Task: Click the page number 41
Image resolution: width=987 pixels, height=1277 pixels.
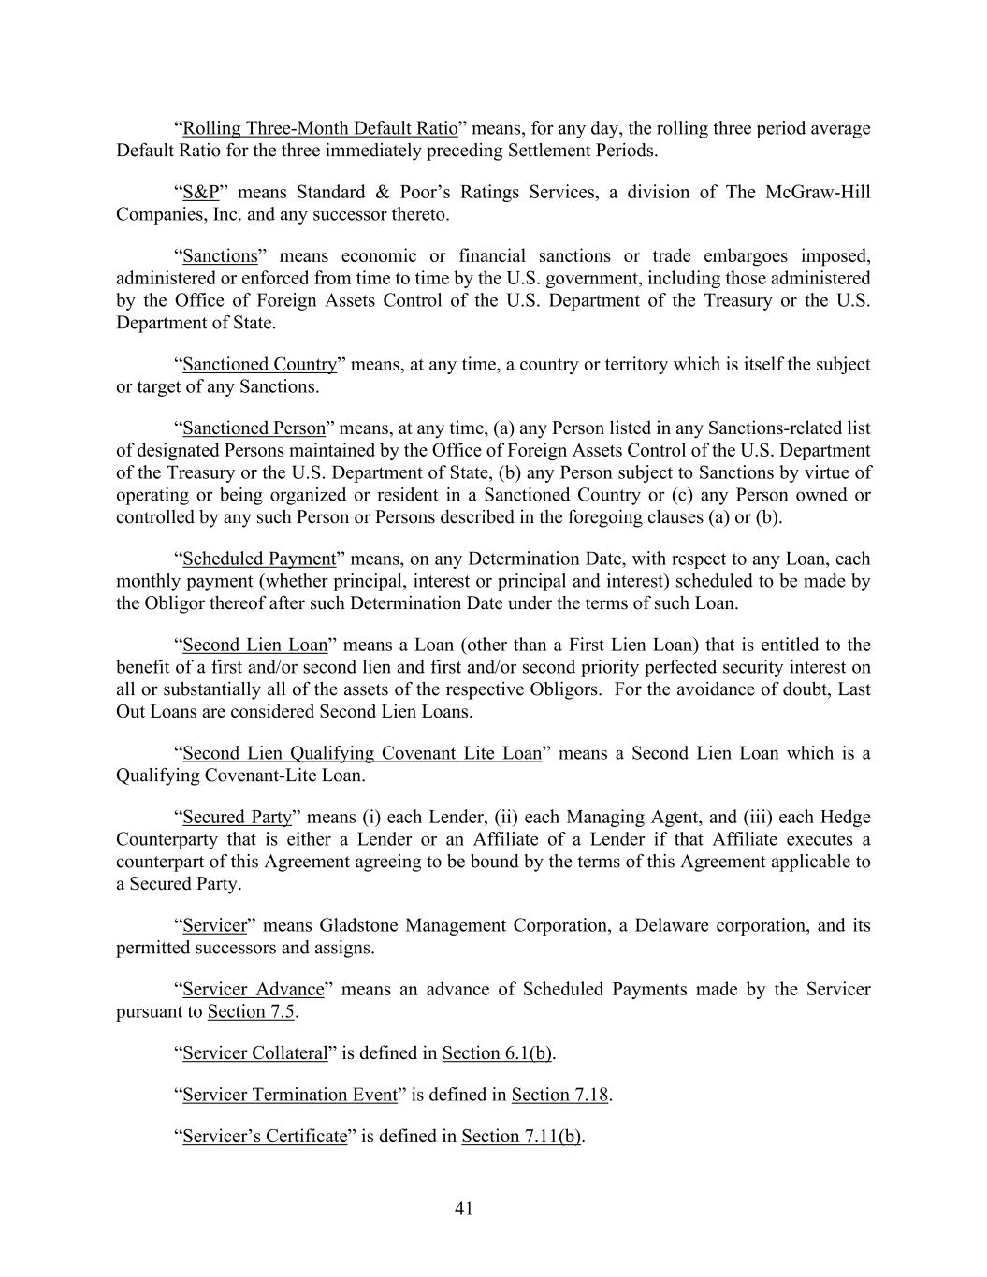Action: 464,1209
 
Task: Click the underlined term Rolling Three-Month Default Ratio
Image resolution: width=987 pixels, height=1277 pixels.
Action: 320,128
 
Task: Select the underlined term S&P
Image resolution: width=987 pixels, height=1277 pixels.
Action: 200,192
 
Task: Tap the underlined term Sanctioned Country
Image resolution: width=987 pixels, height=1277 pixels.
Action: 259,364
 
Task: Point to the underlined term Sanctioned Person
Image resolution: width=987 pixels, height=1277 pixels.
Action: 254,428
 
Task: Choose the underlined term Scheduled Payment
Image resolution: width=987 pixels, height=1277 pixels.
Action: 258,559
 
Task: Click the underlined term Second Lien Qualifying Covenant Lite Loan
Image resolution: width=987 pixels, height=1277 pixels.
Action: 362,753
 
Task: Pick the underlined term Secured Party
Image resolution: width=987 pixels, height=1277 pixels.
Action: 237,817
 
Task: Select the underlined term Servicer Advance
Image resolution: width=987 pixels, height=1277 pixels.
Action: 253,989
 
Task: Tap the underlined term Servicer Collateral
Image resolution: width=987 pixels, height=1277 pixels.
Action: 254,1052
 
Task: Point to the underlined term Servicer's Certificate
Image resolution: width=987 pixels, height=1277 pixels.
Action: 265,1136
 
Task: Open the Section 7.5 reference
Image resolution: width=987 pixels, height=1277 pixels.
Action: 251,1011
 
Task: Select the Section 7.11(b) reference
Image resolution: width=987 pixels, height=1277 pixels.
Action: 521,1136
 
